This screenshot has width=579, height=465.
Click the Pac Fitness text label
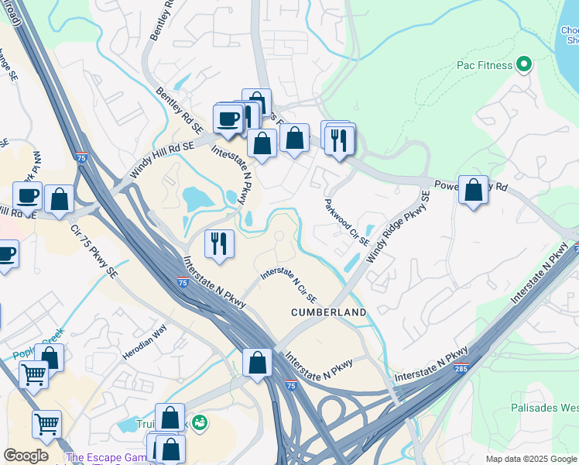(484, 65)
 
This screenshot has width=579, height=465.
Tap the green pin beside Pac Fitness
(524, 64)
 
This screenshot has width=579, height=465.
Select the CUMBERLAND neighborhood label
(327, 312)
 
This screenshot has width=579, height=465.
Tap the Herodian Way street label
(144, 342)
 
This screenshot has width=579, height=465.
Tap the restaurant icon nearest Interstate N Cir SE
(219, 243)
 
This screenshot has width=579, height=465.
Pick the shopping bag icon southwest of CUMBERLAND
(257, 361)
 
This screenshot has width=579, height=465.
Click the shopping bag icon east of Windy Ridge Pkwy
(473, 189)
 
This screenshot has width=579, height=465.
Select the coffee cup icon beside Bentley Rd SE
(228, 119)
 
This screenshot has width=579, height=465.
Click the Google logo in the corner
(26, 456)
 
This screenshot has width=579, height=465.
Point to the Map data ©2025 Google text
(531, 459)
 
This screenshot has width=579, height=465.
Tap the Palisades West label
(544, 408)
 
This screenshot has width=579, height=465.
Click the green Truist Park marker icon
(200, 422)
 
